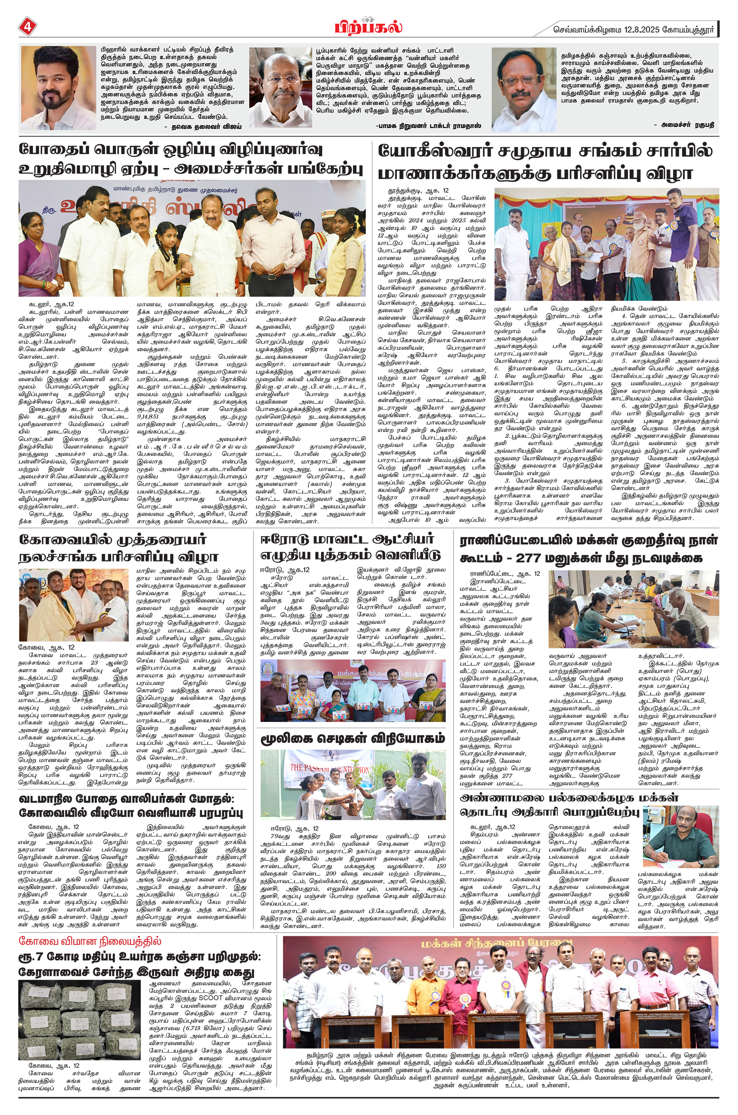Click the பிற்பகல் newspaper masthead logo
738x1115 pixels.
(x=369, y=25)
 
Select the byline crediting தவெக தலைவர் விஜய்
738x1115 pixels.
(x=206, y=127)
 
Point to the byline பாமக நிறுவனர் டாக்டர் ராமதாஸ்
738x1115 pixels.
(x=429, y=126)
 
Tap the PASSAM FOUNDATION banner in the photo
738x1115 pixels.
(x=330, y=770)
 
